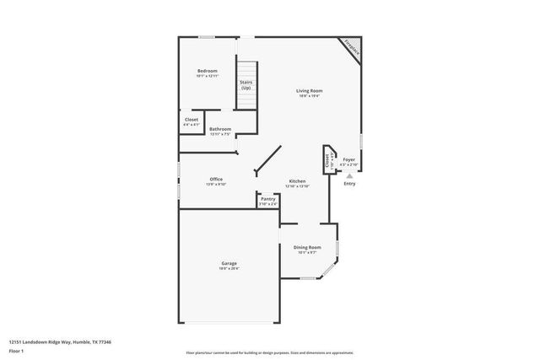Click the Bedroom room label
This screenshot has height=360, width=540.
tap(208, 70)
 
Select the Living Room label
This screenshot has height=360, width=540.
tap(309, 91)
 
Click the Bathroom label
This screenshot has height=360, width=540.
tap(220, 129)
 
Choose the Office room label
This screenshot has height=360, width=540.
tap(216, 179)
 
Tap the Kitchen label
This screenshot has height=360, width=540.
tap(297, 181)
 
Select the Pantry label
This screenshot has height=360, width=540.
tap(267, 199)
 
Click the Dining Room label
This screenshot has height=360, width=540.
tap(305, 247)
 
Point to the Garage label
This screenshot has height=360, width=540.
tap(229, 264)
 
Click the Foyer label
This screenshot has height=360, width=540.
tap(348, 159)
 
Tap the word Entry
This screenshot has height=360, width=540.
tap(349, 184)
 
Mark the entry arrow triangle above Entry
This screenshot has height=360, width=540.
tap(349, 175)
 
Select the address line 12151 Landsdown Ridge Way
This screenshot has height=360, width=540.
tap(60, 341)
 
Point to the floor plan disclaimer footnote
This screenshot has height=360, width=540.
tap(269, 352)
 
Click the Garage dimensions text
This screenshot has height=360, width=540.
tap(229, 269)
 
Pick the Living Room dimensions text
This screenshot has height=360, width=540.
tap(309, 96)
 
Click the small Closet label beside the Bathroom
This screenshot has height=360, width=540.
tap(192, 120)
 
